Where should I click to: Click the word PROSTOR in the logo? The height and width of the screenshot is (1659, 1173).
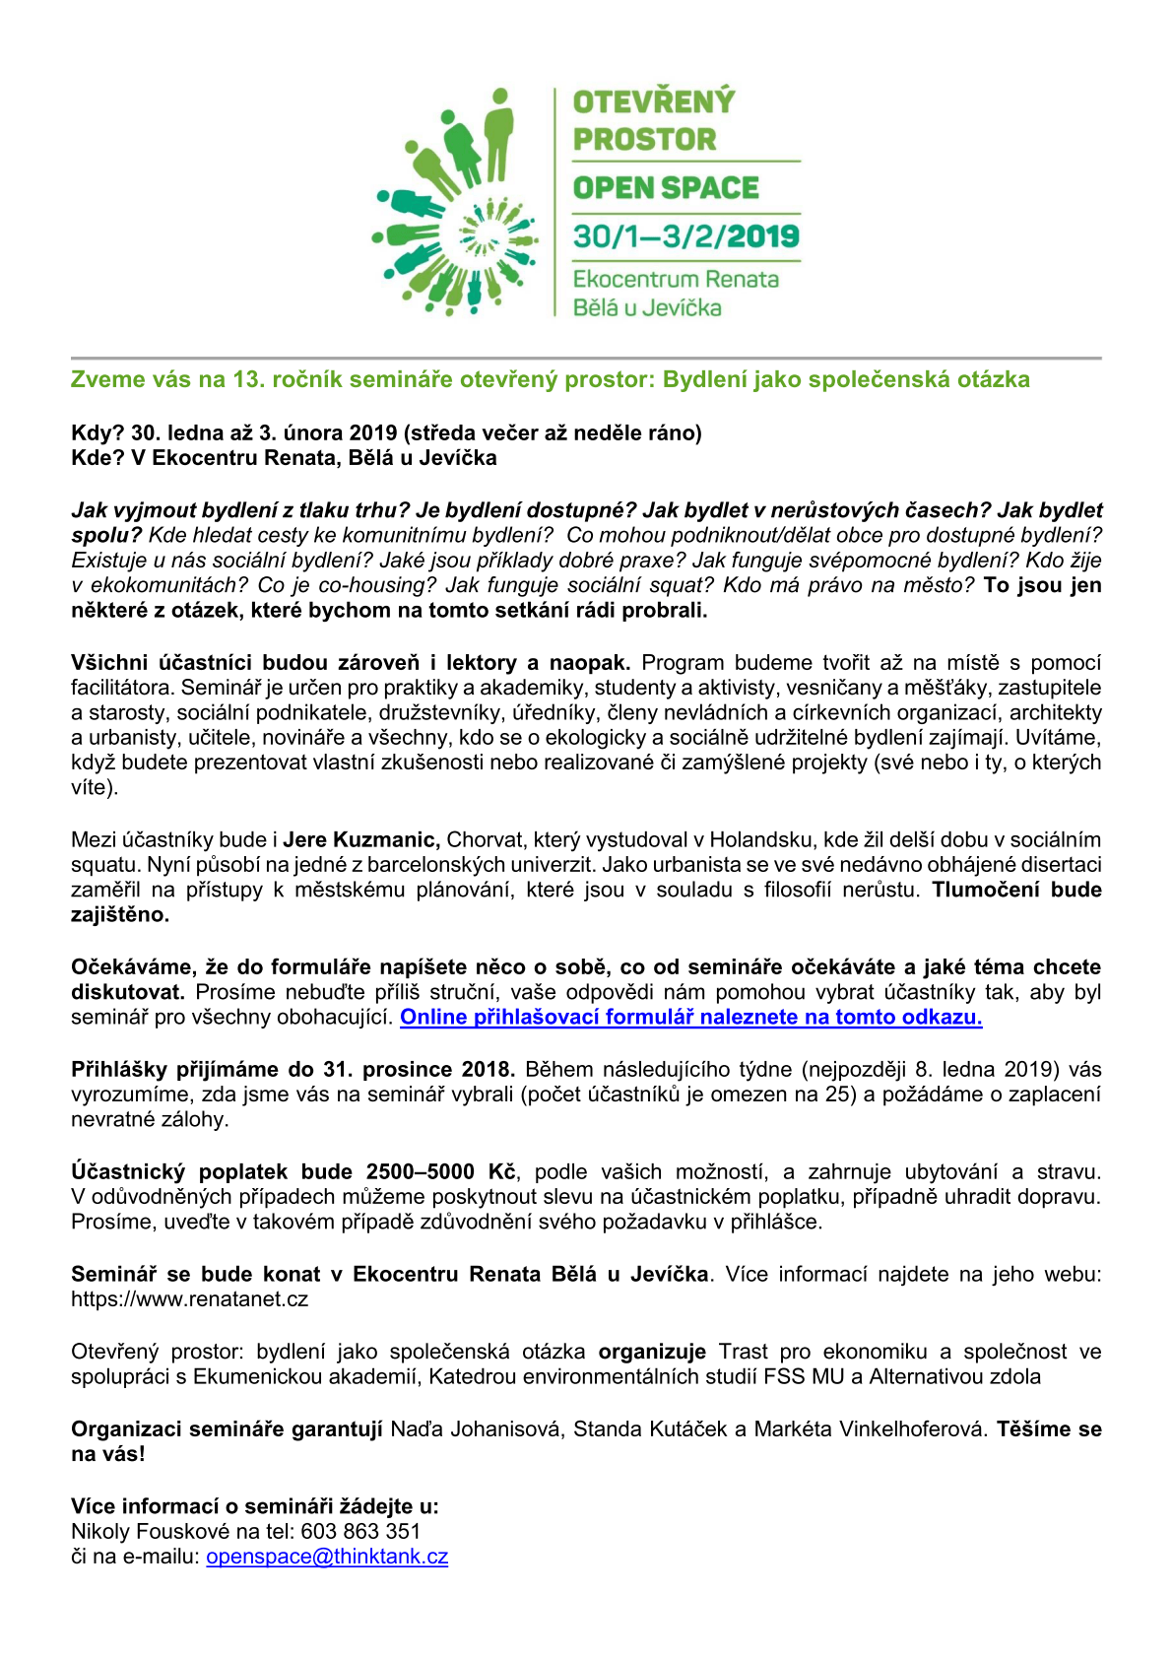tap(644, 140)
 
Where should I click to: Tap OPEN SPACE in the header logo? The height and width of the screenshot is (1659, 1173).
tap(666, 188)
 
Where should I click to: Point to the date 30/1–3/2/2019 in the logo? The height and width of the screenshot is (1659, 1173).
tap(685, 236)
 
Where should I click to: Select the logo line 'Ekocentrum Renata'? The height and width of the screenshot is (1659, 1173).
tap(676, 280)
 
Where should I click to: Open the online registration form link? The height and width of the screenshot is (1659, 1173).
tap(690, 1018)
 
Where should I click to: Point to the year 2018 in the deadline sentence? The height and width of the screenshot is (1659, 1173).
tap(488, 1070)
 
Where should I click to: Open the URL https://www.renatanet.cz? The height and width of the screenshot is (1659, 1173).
tap(189, 1299)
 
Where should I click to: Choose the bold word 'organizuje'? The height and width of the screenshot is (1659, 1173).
tap(652, 1353)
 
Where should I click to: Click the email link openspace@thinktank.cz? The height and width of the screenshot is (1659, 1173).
tap(327, 1558)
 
